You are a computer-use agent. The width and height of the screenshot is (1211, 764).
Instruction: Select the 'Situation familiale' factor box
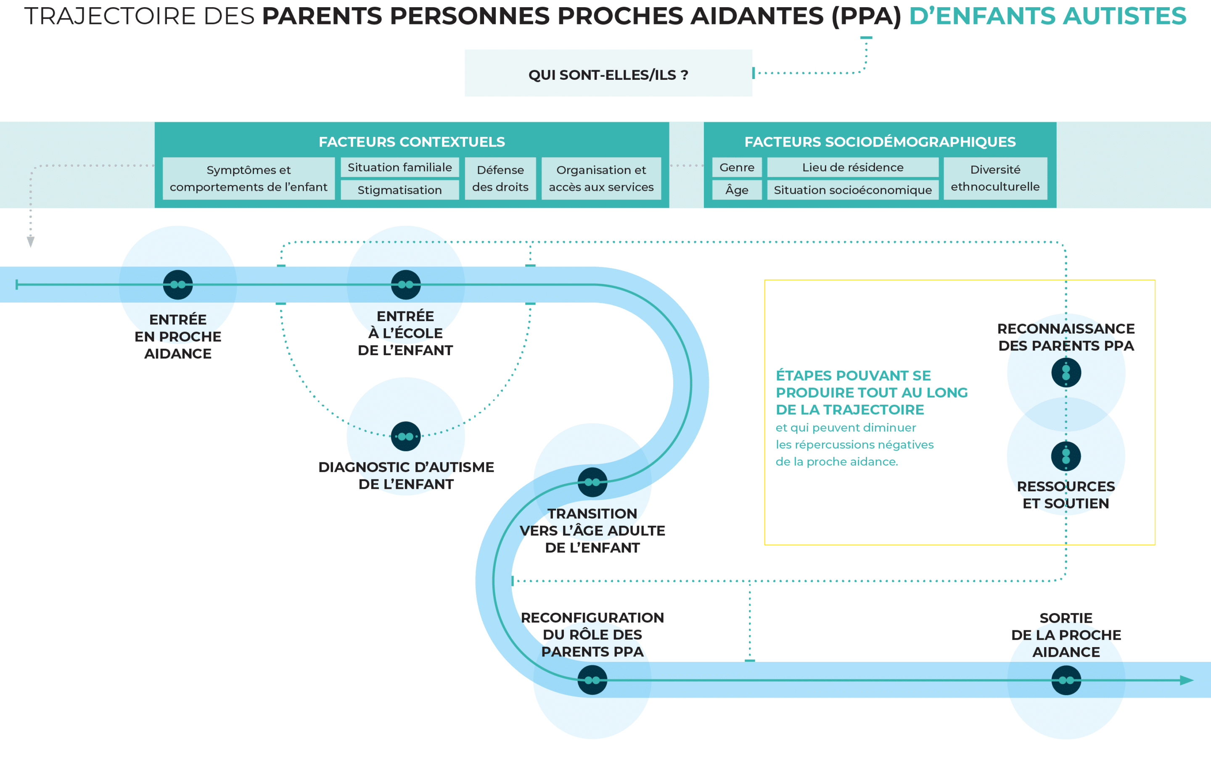[400, 167]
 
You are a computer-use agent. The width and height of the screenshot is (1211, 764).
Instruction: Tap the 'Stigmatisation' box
[400, 190]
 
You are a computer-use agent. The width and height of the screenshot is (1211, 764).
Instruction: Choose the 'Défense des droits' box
[500, 179]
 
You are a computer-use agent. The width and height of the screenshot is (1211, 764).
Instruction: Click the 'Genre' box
[737, 167]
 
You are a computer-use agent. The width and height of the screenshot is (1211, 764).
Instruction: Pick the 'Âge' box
[737, 190]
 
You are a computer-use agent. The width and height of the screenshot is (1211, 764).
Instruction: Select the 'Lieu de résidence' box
[852, 167]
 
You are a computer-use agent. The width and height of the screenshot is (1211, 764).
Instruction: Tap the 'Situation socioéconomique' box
[852, 190]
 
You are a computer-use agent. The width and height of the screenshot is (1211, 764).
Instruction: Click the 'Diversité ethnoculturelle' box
[995, 179]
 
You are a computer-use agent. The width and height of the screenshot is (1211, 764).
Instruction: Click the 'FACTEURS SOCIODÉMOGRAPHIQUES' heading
[880, 142]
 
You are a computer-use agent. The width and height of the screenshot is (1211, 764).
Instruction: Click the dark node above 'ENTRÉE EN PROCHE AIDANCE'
[177, 285]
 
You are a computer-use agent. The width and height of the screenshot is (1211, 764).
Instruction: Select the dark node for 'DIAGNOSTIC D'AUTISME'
[405, 436]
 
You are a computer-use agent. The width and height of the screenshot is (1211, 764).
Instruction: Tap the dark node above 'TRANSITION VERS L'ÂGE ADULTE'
[592, 482]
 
